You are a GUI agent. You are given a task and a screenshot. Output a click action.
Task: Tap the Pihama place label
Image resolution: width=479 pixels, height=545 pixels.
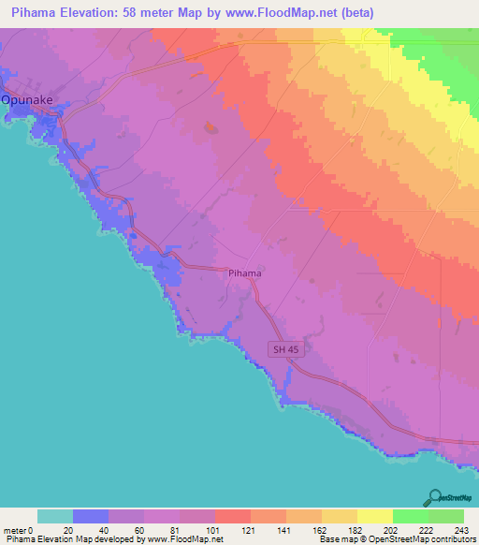[x=244, y=273]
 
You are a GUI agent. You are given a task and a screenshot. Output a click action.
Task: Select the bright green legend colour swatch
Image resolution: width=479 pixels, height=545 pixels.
[x=410, y=516]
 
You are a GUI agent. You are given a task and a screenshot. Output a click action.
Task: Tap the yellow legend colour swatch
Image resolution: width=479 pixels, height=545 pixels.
[x=374, y=516]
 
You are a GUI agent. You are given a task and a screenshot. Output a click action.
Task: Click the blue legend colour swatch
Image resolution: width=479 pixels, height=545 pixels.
[x=91, y=516]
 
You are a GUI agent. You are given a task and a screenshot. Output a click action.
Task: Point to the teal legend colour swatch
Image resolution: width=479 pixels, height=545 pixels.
[x=55, y=516]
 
